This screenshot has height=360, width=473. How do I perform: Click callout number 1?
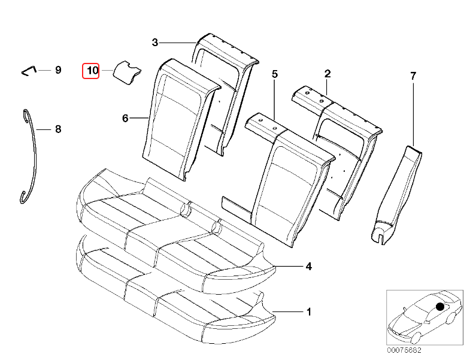[309, 311]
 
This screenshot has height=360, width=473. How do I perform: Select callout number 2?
[328, 74]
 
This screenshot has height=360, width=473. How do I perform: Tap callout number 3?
[154, 42]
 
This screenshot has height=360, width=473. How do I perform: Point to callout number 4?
[309, 266]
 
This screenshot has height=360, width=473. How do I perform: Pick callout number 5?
[275, 74]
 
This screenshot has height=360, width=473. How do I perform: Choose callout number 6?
[125, 119]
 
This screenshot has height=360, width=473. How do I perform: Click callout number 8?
[58, 129]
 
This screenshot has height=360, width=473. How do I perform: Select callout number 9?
[58, 70]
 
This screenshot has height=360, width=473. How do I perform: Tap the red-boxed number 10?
[92, 71]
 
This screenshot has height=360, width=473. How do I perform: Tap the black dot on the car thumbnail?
[440, 306]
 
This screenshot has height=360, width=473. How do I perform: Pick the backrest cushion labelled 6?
[177, 117]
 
